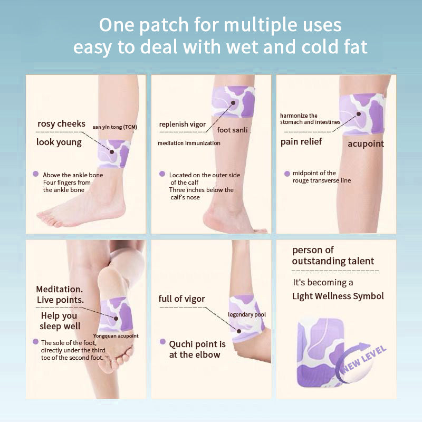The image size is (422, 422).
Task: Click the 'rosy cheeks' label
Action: point(61,124)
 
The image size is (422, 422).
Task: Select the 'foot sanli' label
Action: point(232,130)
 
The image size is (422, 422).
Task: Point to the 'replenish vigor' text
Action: point(183,124)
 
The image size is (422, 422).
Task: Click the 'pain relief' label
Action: point(301,141)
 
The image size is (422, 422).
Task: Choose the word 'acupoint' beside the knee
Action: point(366,143)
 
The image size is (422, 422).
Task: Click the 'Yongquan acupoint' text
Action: point(116,335)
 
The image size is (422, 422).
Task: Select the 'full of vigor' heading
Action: point(182,299)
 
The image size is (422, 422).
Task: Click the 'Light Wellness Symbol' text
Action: point(338,296)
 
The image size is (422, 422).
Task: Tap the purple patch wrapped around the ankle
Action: point(114,154)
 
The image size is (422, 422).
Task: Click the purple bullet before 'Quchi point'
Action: point(164,342)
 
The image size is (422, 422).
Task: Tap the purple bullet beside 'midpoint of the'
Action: point(287,174)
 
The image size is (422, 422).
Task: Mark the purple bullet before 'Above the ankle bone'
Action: point(35,174)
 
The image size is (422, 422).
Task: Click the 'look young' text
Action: point(59,142)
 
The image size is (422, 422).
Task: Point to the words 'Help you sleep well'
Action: point(60,321)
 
